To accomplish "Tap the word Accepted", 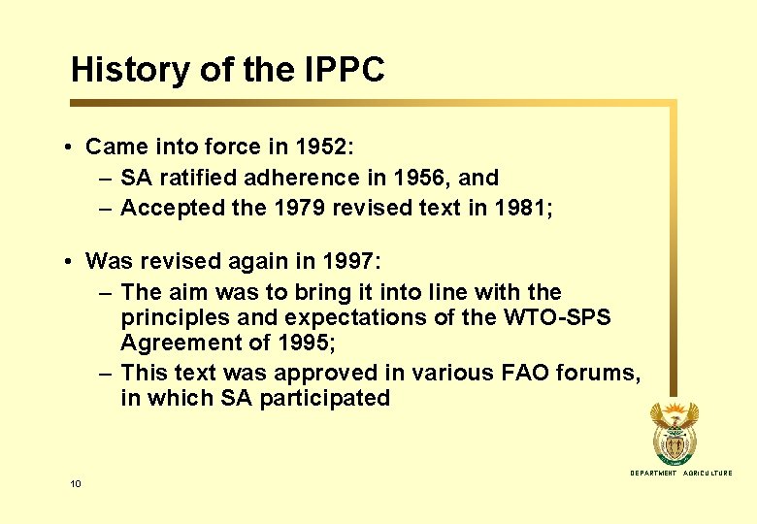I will (168, 208).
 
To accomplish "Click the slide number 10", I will (75, 483).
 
